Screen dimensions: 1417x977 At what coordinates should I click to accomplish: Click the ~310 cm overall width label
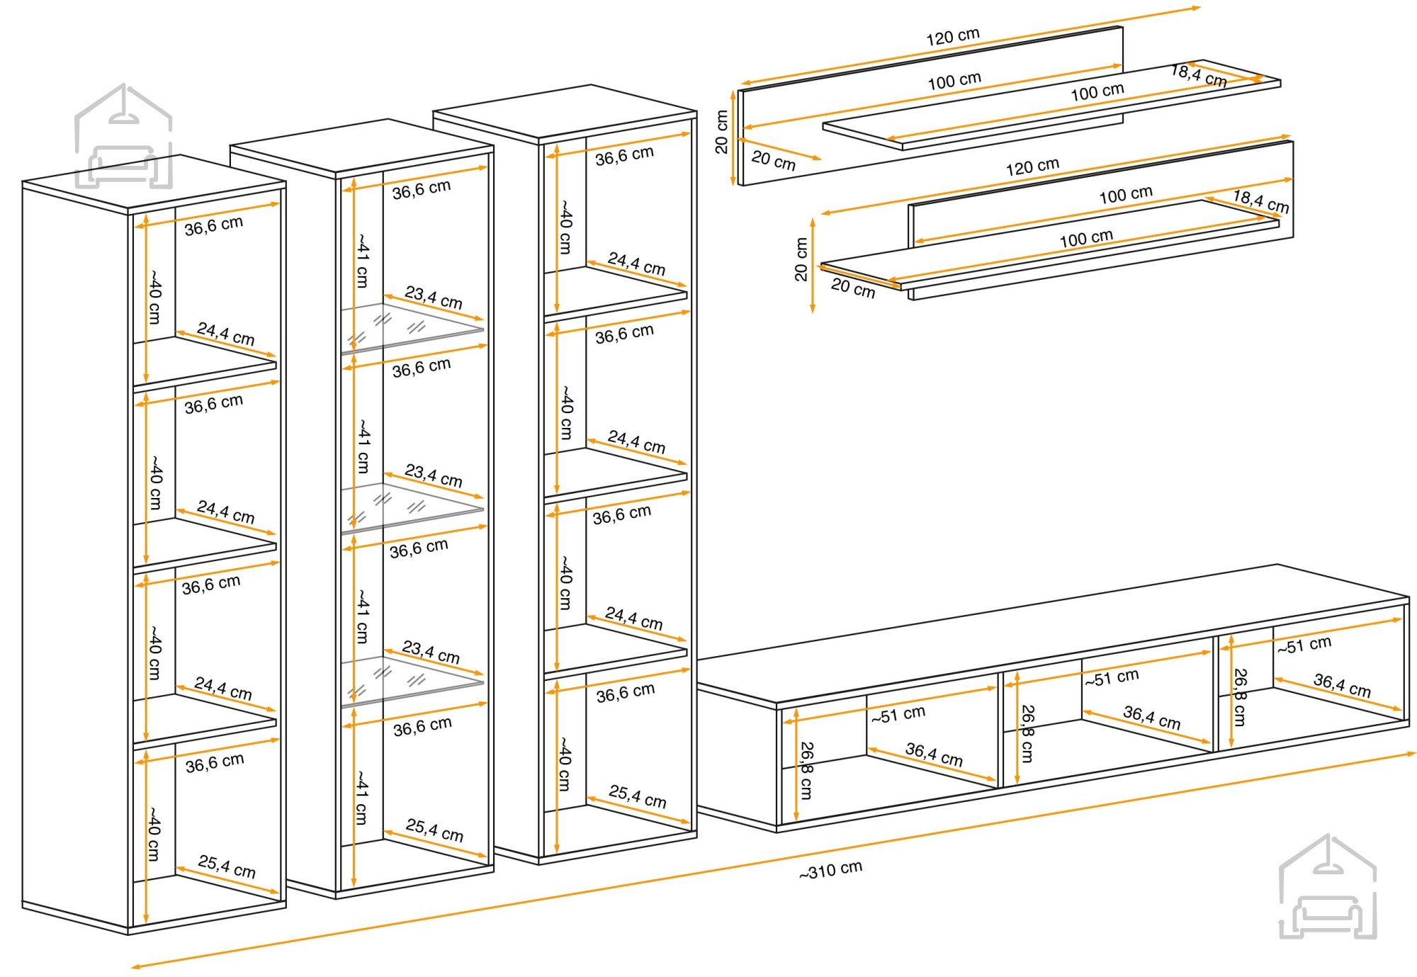pyautogui.click(x=830, y=869)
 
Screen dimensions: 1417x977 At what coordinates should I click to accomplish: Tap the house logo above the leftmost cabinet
pyautogui.click(x=124, y=136)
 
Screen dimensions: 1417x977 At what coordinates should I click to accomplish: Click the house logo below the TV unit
pyautogui.click(x=1328, y=886)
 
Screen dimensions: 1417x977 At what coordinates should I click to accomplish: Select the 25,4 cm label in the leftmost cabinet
pyautogui.click(x=227, y=866)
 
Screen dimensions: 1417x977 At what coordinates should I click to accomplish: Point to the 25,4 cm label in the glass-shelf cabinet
pyautogui.click(x=434, y=830)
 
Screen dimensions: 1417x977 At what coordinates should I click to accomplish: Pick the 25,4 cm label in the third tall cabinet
pyautogui.click(x=638, y=796)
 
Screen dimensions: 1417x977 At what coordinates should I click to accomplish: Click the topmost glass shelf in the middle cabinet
pyautogui.click(x=412, y=328)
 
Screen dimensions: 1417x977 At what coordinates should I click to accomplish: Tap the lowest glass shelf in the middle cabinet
pyautogui.click(x=412, y=682)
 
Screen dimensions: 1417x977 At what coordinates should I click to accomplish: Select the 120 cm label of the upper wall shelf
pyautogui.click(x=953, y=36)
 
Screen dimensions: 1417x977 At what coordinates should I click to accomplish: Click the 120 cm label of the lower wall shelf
pyautogui.click(x=1032, y=166)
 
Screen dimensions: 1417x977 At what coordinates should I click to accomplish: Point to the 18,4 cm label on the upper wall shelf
pyautogui.click(x=1199, y=75)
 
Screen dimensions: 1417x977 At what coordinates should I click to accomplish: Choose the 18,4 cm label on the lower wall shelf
pyautogui.click(x=1261, y=201)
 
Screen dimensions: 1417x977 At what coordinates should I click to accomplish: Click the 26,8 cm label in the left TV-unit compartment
pyautogui.click(x=806, y=770)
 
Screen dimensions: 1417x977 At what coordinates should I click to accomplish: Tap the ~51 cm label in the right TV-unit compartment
pyautogui.click(x=1304, y=645)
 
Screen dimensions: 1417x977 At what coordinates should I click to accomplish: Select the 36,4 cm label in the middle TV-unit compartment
pyautogui.click(x=1152, y=718)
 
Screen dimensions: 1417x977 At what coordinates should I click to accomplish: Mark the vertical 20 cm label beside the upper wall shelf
pyautogui.click(x=721, y=132)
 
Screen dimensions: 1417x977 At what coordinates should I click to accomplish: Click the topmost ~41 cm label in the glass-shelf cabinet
pyautogui.click(x=362, y=260)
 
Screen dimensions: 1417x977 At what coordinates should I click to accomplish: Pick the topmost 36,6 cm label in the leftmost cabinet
pyautogui.click(x=214, y=225)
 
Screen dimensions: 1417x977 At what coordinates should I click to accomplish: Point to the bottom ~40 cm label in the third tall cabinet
pyautogui.click(x=565, y=764)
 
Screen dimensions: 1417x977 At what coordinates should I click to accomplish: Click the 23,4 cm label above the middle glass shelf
pyautogui.click(x=434, y=475)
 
